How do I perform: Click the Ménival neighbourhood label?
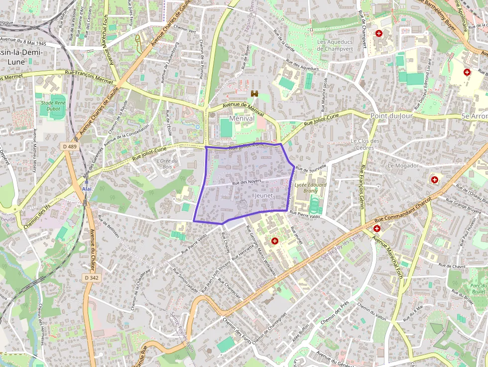[x=242, y=119]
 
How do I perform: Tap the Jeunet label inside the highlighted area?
[x=264, y=196]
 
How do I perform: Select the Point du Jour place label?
[x=392, y=116]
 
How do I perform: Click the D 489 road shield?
[x=70, y=146]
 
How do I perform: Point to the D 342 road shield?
[x=91, y=277]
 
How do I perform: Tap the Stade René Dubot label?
[x=53, y=105]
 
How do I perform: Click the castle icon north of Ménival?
[x=254, y=93]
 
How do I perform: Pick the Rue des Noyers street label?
[x=246, y=182]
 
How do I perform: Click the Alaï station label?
[x=87, y=189]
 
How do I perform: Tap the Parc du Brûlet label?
[x=478, y=288]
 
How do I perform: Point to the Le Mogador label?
[x=403, y=165]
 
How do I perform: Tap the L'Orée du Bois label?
[x=167, y=163]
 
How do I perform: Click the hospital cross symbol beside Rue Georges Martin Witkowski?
[x=274, y=241]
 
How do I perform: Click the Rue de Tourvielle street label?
[x=311, y=168]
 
